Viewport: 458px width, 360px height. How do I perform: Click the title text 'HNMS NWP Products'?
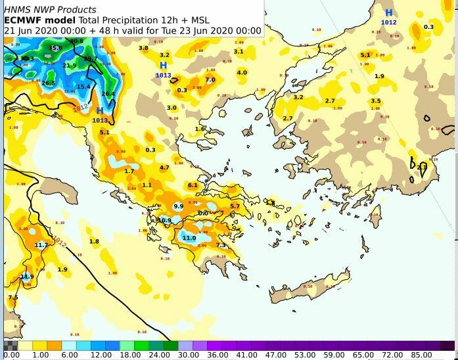tap(50, 9)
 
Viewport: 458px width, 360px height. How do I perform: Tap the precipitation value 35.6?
tap(55, 48)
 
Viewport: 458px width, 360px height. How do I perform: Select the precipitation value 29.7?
tap(90, 58)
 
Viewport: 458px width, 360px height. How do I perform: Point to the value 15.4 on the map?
tap(83, 87)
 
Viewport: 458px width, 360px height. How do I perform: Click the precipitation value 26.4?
tap(108, 94)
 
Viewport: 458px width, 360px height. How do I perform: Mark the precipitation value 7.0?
tap(210, 80)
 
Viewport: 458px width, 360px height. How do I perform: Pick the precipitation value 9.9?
tap(178, 206)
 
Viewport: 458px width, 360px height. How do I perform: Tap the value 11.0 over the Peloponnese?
tap(189, 238)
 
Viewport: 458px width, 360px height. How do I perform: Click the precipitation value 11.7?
tap(41, 245)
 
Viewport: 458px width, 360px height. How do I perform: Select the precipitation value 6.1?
tap(193, 185)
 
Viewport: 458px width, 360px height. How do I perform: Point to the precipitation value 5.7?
tap(235, 206)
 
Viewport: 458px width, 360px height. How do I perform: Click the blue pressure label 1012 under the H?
tap(388, 22)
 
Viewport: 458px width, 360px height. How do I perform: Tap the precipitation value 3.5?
tap(375, 101)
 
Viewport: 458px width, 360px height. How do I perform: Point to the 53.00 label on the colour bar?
tap(304, 355)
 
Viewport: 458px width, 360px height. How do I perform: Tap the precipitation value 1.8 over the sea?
tap(94, 242)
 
